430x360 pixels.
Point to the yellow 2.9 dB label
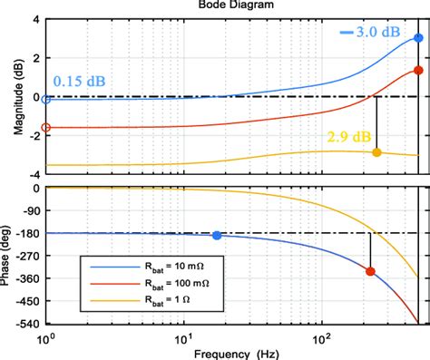347,136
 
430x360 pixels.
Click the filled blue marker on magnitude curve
418,38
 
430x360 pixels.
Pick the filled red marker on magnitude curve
418,70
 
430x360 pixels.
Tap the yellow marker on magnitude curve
376,152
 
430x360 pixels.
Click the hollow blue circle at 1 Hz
46,99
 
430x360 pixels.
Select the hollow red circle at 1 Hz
46,128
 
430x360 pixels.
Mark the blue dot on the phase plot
216,236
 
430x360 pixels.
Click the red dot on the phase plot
370,271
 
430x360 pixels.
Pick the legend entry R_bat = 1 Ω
145,302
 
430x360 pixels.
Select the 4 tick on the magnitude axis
34,19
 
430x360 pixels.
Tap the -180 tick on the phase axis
25,234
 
